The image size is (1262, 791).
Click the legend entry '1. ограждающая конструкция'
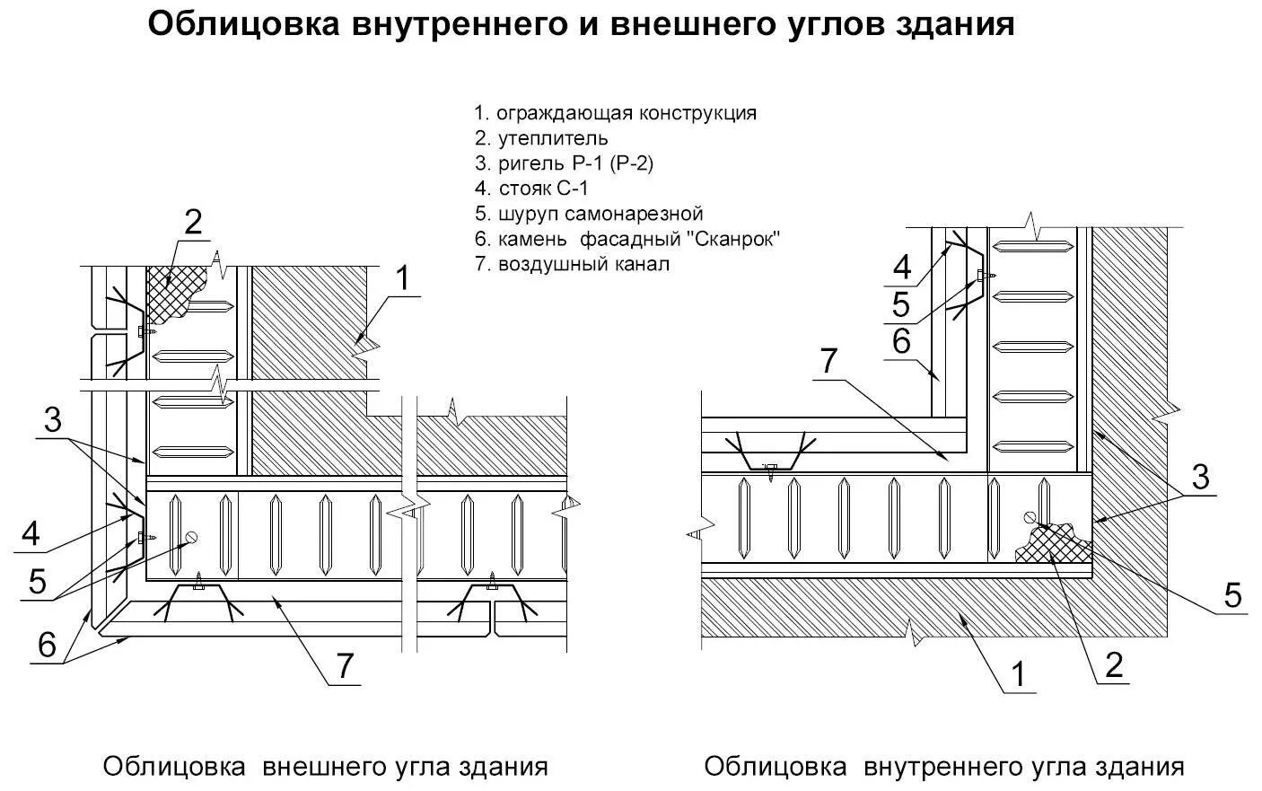[615, 113]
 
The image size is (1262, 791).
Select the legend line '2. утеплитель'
[541, 138]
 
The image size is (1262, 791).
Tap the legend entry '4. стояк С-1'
[531, 189]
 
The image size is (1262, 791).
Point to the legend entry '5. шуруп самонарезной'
[588, 214]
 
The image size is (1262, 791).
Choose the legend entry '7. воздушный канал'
[572, 264]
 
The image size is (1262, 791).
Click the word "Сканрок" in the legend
[734, 239]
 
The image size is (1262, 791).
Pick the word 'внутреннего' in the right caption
[939, 767]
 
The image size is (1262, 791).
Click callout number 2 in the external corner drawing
[192, 223]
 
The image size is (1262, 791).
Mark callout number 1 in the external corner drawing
[402, 279]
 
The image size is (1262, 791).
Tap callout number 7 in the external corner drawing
[344, 666]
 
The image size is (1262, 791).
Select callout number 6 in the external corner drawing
[47, 645]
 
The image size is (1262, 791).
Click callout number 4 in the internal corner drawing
[901, 267]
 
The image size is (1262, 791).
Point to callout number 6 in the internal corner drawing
[901, 341]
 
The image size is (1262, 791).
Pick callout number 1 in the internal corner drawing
[1017, 672]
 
